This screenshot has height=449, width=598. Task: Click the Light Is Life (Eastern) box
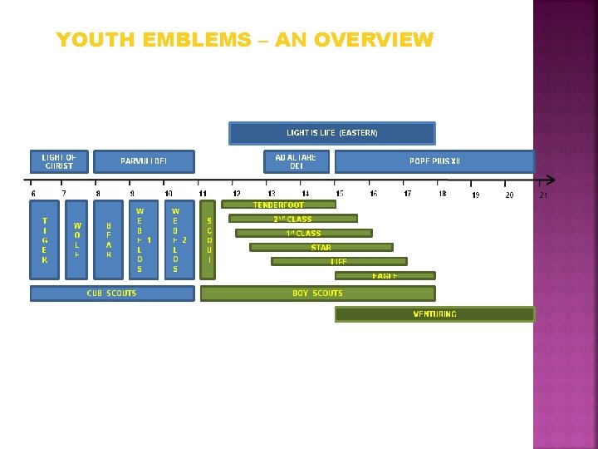pyautogui.click(x=331, y=133)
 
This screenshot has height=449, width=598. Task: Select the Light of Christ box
pyautogui.click(x=59, y=161)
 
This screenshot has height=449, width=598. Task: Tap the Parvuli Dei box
pyautogui.click(x=144, y=161)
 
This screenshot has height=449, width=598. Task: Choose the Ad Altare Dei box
pyautogui.click(x=296, y=161)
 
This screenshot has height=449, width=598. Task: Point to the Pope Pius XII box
pyautogui.click(x=434, y=161)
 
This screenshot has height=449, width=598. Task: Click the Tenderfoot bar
pyautogui.click(x=278, y=205)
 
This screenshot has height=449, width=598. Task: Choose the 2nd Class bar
pyautogui.click(x=292, y=219)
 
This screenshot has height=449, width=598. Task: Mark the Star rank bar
pyautogui.click(x=321, y=247)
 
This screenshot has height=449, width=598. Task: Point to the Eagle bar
pyautogui.click(x=385, y=275)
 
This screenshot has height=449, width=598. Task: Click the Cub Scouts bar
pyautogui.click(x=112, y=293)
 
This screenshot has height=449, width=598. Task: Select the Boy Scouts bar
pyautogui.click(x=317, y=293)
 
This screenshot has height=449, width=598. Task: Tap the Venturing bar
pyautogui.click(x=434, y=313)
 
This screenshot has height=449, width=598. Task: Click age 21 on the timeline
pyautogui.click(x=543, y=195)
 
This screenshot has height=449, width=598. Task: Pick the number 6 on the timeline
pyautogui.click(x=33, y=194)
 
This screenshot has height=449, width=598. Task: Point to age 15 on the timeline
pyautogui.click(x=340, y=194)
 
